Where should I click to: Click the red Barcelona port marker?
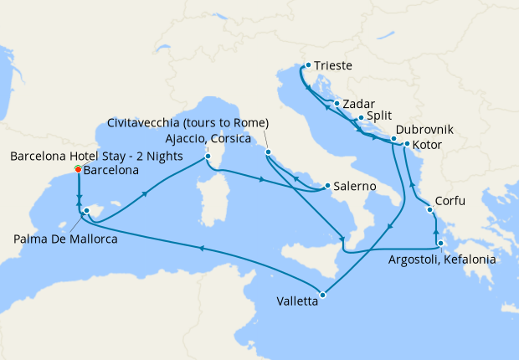(78, 169)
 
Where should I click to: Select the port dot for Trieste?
(308, 65)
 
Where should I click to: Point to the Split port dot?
(360, 118)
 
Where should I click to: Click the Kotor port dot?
(407, 145)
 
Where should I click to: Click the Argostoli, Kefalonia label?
(442, 260)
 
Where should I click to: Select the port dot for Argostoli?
(440, 244)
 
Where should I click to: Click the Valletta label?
(297, 303)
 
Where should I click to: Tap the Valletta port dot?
(322, 294)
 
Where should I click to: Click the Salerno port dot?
(326, 186)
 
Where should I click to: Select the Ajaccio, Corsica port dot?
(208, 156)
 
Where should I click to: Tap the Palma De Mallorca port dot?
(86, 211)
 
